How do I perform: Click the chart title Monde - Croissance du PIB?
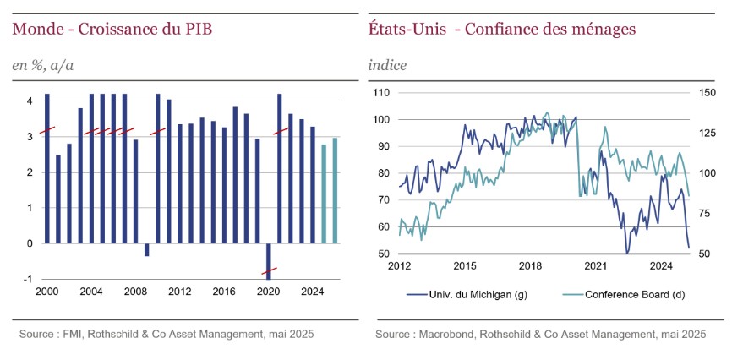[x=112, y=30]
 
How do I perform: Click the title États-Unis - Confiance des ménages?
[x=502, y=30]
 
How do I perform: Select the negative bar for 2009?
[x=146, y=249]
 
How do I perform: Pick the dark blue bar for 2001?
[x=58, y=199]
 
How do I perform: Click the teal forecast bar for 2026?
[x=335, y=190]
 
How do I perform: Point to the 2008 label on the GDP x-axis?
[x=135, y=292]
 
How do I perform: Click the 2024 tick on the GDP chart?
[x=312, y=292]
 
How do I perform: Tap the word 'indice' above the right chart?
[x=387, y=65]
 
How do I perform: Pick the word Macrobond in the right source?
[x=447, y=335]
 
